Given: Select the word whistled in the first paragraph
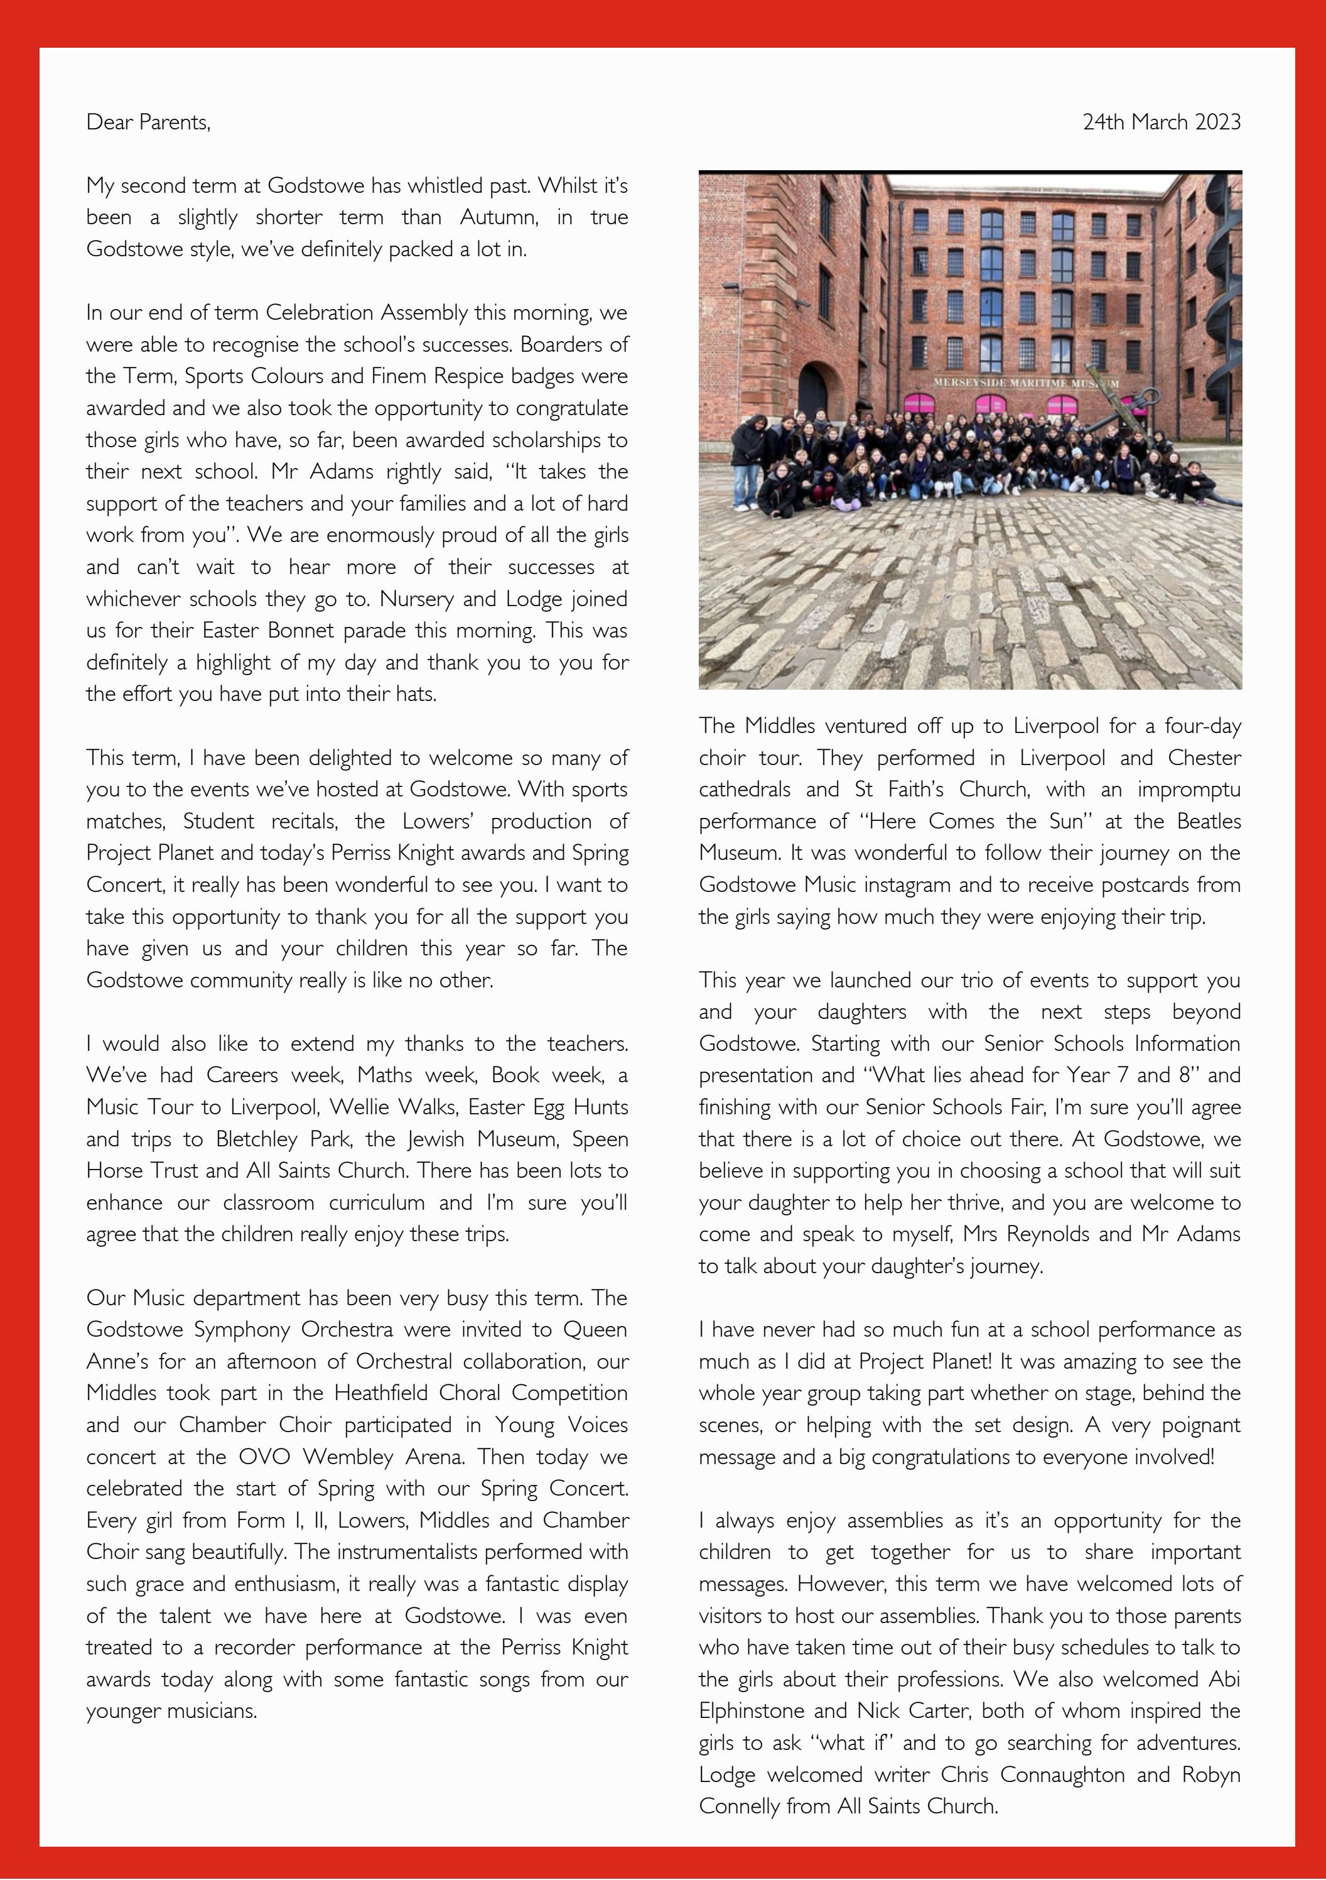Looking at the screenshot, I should click(x=443, y=186).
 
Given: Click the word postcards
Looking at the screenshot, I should click(x=1146, y=885).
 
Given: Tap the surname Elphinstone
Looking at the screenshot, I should click(x=750, y=1711).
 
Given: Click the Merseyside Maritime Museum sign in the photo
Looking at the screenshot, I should click(x=1027, y=383).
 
